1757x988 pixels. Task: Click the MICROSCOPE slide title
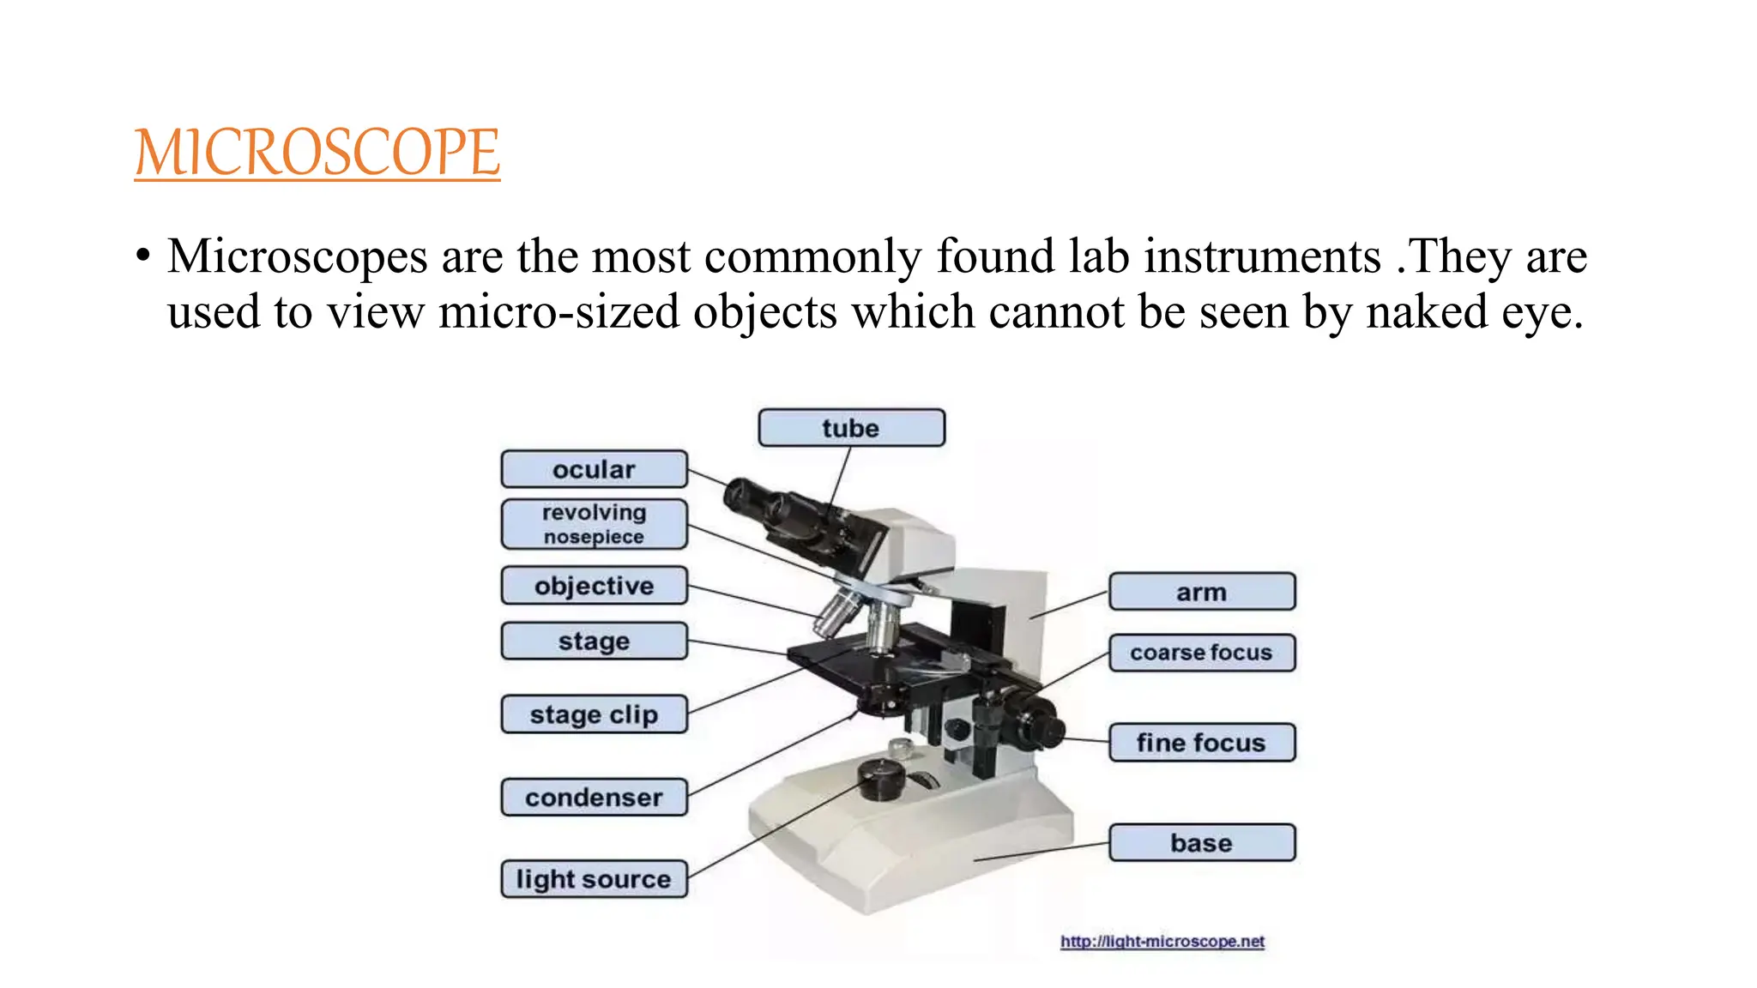317,153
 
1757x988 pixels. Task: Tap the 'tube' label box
851,428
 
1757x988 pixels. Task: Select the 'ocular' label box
594,469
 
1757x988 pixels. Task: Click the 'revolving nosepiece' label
594,524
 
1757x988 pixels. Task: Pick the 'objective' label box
594,586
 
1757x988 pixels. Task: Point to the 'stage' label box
594,641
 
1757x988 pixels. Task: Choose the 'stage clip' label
594,714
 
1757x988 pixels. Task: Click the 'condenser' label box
594,798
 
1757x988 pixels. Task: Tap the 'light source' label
594,879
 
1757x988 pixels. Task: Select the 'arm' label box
1201,592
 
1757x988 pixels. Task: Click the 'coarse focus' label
1201,653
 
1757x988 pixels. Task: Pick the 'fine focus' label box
1201,743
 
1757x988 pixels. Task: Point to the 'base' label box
1201,843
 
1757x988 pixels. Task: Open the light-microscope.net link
1162,942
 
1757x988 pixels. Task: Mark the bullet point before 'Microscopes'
142,256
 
